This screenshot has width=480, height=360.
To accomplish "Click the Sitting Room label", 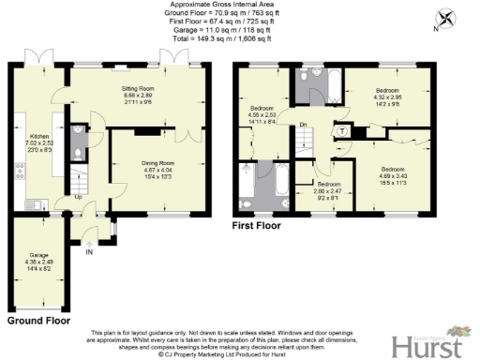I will [138, 87].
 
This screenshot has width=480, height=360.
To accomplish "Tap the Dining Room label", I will [141, 162].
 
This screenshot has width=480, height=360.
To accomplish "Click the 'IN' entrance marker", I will [90, 251].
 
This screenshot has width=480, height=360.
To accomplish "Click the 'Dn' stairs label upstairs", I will [303, 125].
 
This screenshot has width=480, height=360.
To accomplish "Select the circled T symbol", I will [343, 130].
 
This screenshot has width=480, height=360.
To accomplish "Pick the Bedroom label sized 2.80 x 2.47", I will [322, 185].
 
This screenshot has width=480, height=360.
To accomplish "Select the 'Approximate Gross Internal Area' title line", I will [241, 5].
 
